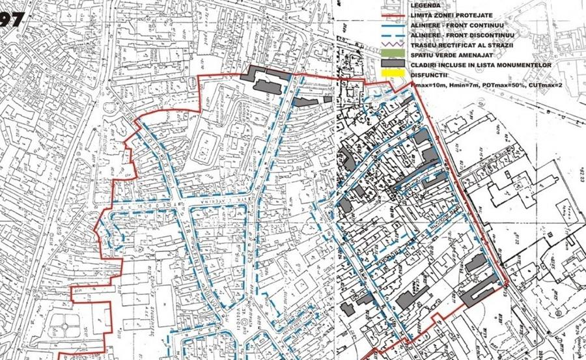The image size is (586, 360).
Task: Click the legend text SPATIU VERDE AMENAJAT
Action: pyautogui.click(x=449, y=55)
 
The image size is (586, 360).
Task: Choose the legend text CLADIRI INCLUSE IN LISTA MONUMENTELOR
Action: pyautogui.click(x=481, y=65)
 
